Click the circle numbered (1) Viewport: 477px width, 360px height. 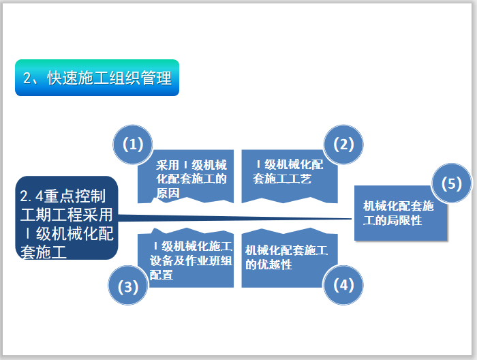tap(132, 145)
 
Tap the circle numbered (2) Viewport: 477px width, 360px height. tap(343, 145)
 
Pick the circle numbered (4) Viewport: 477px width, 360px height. tap(343, 285)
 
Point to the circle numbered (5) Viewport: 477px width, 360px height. tap(452, 185)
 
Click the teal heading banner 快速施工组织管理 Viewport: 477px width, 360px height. tap(97, 78)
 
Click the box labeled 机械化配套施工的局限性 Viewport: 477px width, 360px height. tap(399, 213)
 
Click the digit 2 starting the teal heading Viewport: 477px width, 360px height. tap(27, 78)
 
